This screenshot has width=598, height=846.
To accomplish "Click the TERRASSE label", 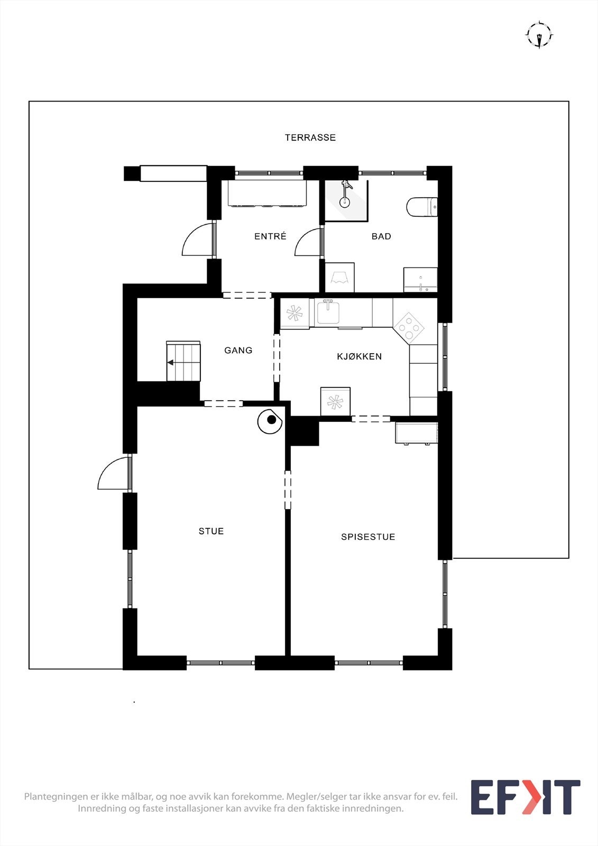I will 310,137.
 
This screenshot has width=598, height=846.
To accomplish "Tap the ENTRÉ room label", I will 270,236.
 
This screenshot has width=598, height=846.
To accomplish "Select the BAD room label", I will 381,236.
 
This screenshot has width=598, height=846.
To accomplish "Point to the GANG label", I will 238,350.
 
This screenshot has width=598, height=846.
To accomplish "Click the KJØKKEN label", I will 359,356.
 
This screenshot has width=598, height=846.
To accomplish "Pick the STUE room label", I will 211,531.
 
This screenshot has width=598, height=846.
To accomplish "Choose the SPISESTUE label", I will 368,537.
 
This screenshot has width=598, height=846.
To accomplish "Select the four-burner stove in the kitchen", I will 409,327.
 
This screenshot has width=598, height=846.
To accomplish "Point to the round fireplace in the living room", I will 270,421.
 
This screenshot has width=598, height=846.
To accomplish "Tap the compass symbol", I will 539,35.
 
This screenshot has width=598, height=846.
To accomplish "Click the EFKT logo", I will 525,797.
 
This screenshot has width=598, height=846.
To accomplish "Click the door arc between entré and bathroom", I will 309,243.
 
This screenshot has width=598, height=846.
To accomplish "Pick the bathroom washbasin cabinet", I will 420,280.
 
